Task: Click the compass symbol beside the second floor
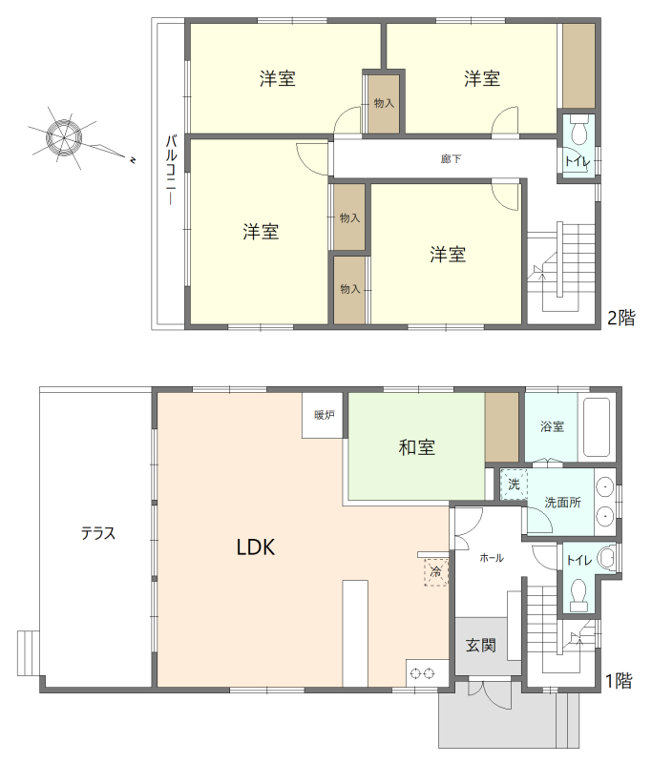tap(64, 137)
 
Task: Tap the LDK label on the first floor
tap(256, 547)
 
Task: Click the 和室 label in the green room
tap(417, 447)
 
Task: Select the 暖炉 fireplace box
tap(325, 415)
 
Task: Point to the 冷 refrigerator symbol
tap(436, 572)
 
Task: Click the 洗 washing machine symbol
tap(515, 485)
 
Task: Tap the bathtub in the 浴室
tap(597, 427)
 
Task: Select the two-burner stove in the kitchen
tap(422, 674)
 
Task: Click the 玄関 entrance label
tap(481, 646)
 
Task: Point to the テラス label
tap(98, 533)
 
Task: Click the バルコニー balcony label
tap(171, 170)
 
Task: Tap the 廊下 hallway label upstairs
tap(451, 158)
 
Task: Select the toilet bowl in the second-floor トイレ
tap(578, 131)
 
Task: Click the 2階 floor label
tap(621, 318)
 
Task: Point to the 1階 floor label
tap(619, 680)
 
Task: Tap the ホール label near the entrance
tap(492, 558)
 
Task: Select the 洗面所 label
tap(562, 503)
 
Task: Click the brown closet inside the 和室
tap(501, 427)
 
